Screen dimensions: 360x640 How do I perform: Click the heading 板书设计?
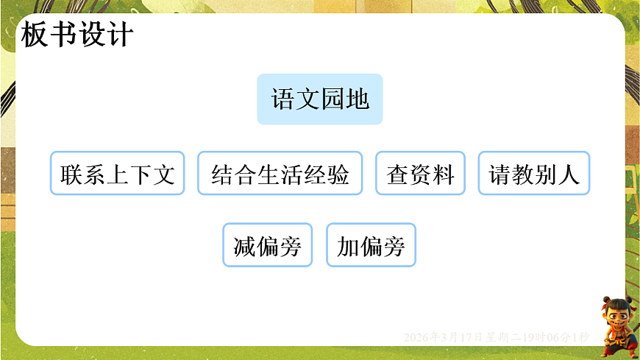(77, 35)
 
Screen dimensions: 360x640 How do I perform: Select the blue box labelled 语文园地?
(320, 99)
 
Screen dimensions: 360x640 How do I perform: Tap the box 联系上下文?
(118, 174)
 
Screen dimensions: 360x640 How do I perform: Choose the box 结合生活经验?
(280, 174)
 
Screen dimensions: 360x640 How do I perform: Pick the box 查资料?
(420, 174)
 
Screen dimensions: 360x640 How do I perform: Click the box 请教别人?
(534, 174)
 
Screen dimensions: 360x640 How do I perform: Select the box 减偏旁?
(268, 245)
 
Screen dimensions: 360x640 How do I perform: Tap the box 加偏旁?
(371, 245)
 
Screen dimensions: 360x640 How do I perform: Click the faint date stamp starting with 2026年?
(497, 337)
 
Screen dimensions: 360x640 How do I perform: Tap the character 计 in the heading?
(120, 35)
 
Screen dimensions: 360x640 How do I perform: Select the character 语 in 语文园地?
(283, 99)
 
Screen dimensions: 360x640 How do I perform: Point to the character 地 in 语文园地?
(358, 99)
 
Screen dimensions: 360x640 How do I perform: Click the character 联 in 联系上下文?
(72, 174)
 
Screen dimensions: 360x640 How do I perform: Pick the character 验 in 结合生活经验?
(338, 174)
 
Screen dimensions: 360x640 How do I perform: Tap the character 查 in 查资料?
(398, 174)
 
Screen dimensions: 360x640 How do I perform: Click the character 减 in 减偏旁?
(245, 246)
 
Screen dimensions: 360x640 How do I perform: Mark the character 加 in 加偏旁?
(348, 246)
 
